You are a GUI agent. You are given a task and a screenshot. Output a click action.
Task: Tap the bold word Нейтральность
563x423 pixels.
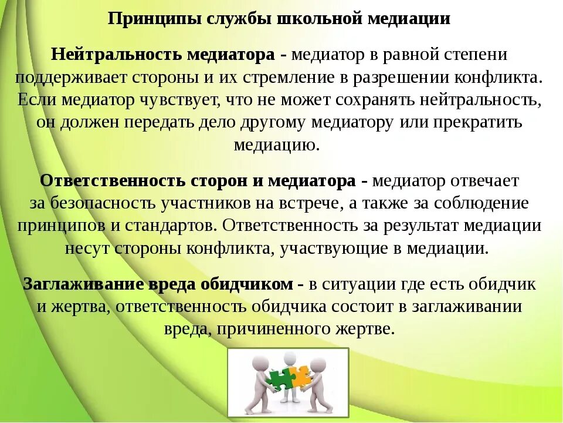[116, 55]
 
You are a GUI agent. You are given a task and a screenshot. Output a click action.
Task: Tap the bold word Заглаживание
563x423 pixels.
[80, 284]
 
